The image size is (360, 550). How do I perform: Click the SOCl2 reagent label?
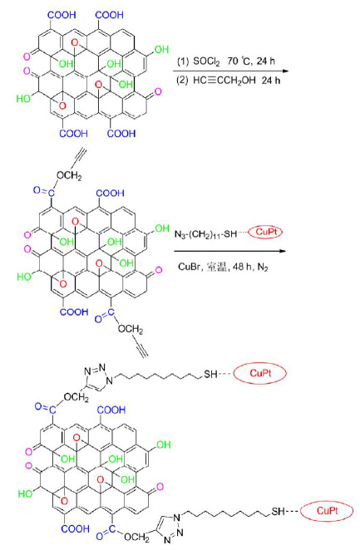pos(207,61)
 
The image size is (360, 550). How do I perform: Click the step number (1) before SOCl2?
pos(183,61)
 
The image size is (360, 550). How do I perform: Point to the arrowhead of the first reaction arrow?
pos(285,71)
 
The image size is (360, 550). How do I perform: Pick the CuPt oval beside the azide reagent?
pos(265,232)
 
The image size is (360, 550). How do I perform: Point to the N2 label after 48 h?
pos(263,268)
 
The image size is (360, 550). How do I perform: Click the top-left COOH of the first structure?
pos(62,15)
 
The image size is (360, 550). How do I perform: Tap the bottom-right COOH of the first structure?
pos(121,133)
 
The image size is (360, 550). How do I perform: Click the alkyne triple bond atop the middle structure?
pos(80,157)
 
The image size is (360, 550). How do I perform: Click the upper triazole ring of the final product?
pos(99,377)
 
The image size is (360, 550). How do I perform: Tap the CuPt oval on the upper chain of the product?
pos(260,373)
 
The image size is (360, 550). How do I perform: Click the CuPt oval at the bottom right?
pos(327,511)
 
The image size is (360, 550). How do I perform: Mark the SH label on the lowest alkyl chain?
pos(279,512)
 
